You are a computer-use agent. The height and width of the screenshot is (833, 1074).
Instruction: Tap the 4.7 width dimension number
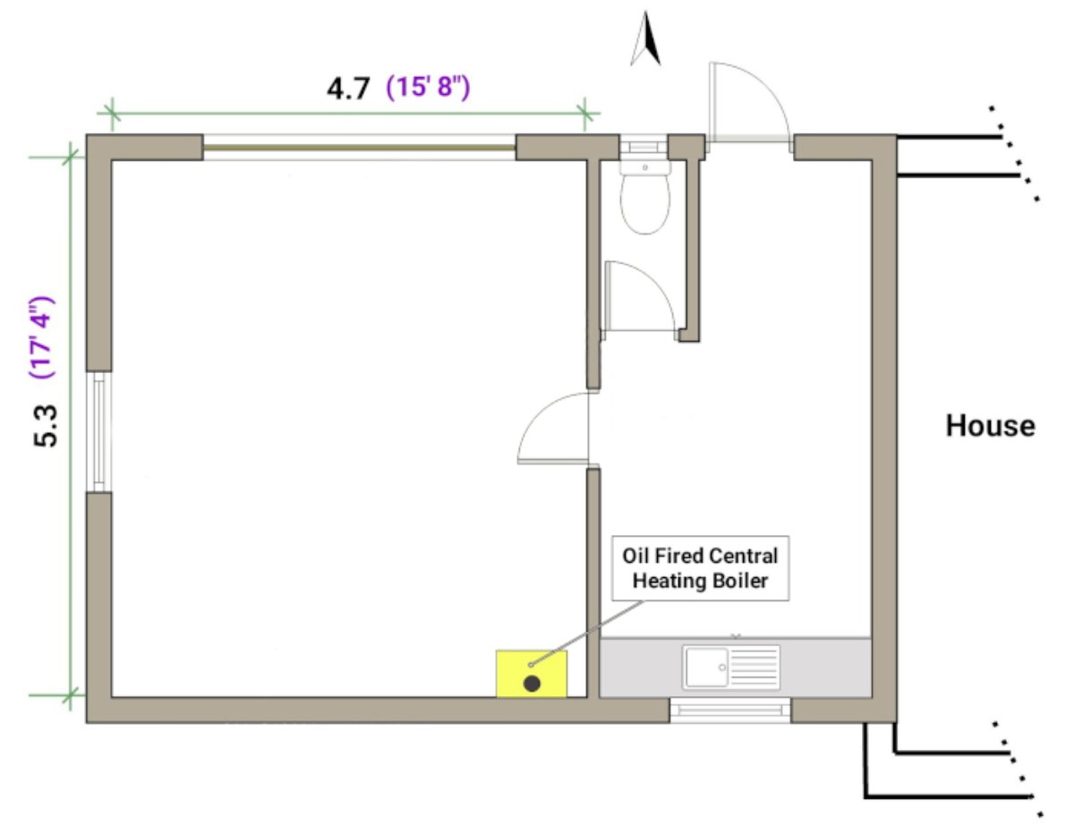347,89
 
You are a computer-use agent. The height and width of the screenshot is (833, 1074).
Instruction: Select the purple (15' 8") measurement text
428,89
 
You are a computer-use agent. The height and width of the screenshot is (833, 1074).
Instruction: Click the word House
990,426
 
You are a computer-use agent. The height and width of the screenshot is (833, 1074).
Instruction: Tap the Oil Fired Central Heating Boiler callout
701,568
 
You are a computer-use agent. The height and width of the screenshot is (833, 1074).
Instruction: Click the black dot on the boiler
532,684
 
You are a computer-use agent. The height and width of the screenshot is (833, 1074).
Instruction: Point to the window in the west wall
98,431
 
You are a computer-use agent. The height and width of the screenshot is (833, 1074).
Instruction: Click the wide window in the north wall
359,148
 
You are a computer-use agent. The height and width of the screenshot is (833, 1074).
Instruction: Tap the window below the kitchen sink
730,710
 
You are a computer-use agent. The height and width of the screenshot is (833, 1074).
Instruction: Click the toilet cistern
644,166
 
